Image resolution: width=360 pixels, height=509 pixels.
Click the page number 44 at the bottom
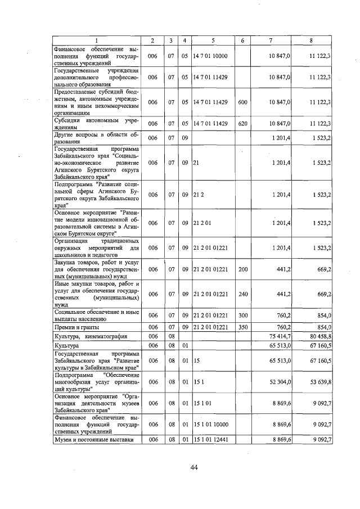[194, 467]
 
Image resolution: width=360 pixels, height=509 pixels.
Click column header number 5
[213, 40]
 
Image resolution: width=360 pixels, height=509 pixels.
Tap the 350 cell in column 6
[242, 327]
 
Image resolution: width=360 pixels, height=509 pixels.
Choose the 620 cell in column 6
[242, 123]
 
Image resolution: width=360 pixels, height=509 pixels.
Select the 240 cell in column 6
[242, 294]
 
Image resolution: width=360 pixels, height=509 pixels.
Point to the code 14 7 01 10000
[211, 56]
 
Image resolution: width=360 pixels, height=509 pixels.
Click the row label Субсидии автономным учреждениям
[93, 123]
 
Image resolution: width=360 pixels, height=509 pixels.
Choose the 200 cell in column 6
[242, 269]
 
